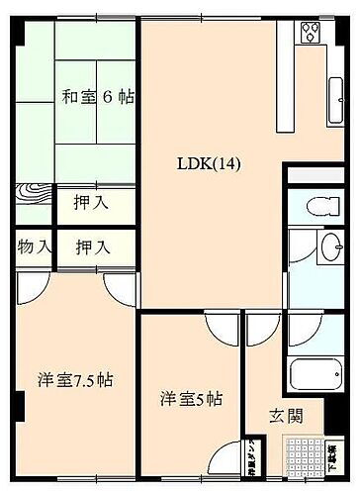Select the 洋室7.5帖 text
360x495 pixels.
pyautogui.click(x=75, y=380)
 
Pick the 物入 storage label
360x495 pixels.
pyautogui.click(x=34, y=246)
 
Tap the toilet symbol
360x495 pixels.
pyautogui.click(x=318, y=206)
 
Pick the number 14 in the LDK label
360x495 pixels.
pyautogui.click(x=227, y=163)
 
